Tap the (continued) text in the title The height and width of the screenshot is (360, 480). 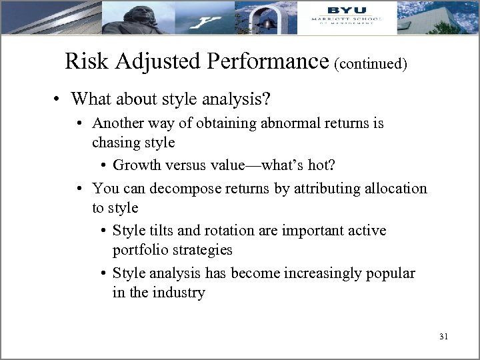pyautogui.click(x=371, y=63)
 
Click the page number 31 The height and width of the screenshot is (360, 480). pyautogui.click(x=444, y=337)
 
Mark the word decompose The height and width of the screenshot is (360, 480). pyautogui.click(x=182, y=188)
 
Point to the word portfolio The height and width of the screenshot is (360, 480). pyautogui.click(x=139, y=249)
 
